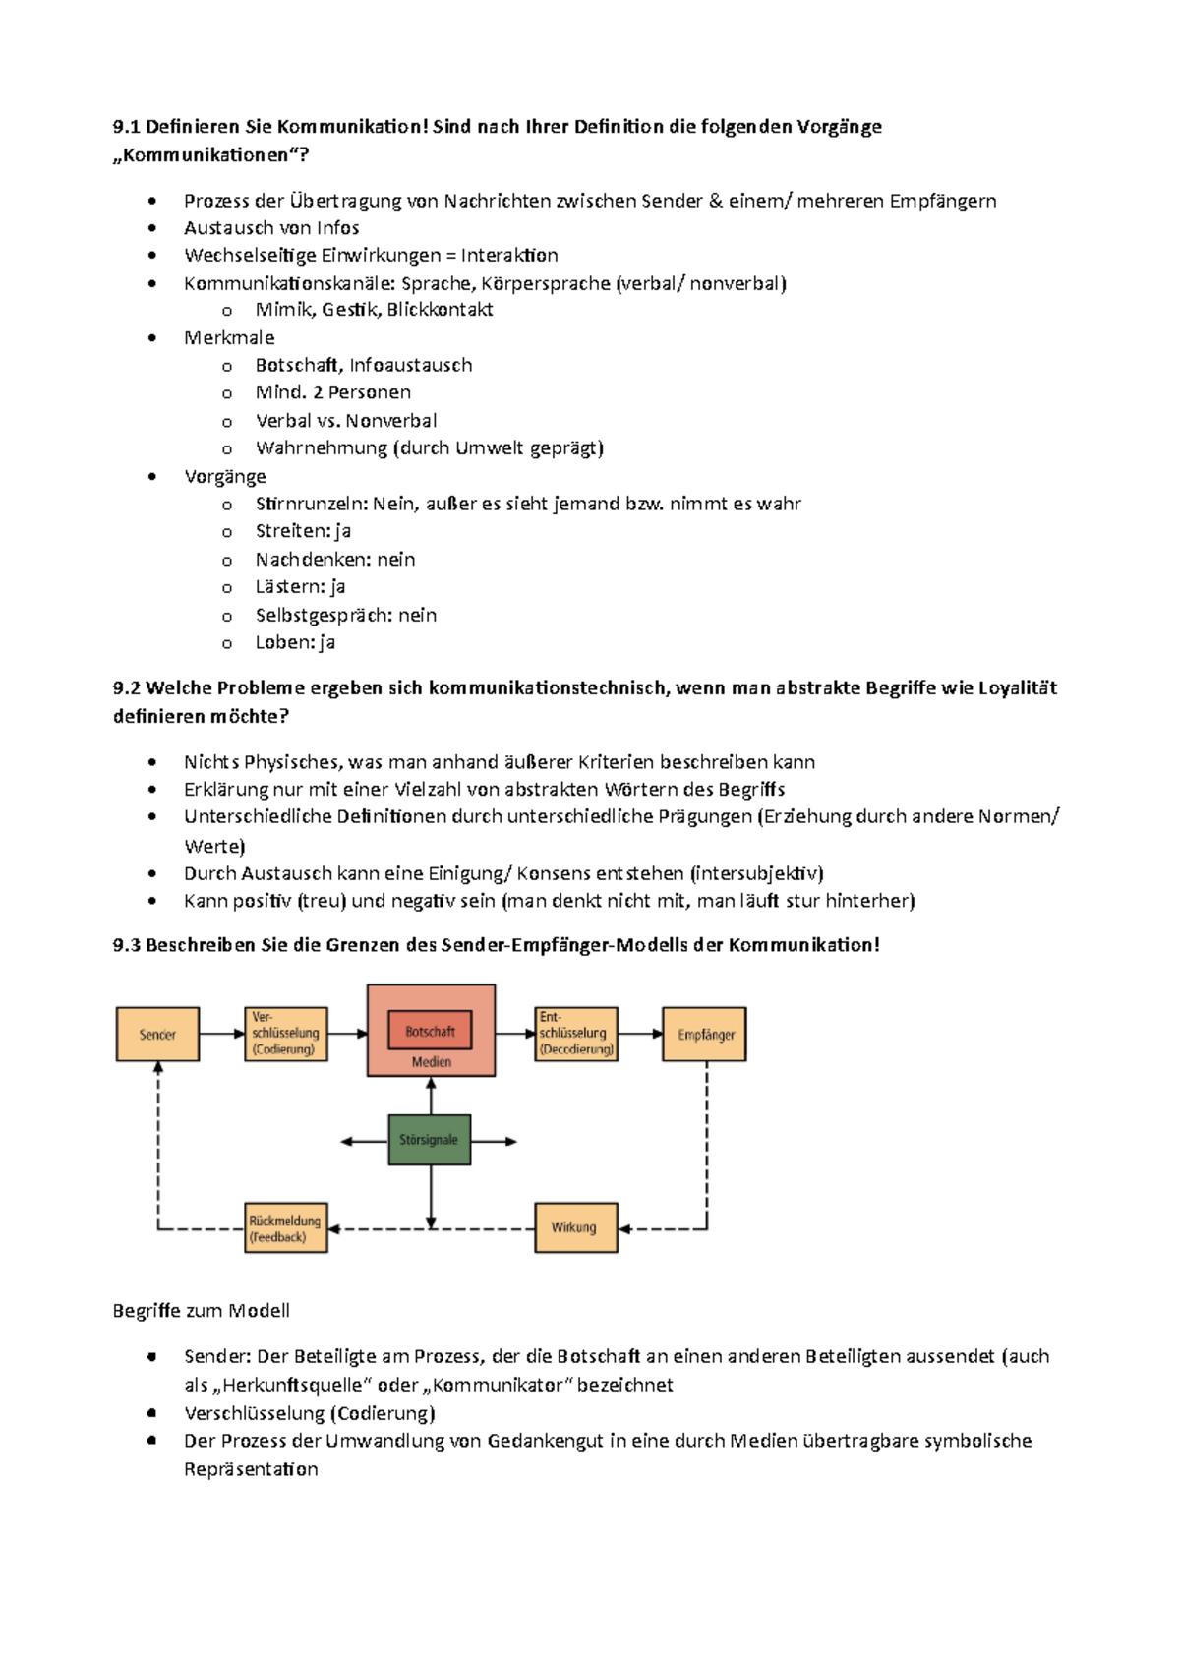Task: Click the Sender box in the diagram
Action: pos(157,1034)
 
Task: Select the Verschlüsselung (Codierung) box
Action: pos(285,1034)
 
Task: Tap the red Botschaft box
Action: pos(430,1031)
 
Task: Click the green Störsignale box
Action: pos(429,1140)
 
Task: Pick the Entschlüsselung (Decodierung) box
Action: pos(576,1034)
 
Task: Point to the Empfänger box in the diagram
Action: pos(705,1034)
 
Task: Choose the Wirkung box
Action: pos(575,1227)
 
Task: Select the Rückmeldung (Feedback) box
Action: pos(285,1227)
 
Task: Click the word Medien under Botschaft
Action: pos(431,1062)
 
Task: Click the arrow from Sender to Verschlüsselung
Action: pos(221,1034)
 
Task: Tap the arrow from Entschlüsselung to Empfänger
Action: pos(640,1034)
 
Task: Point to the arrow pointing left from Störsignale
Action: pos(364,1142)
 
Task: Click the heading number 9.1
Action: pos(127,127)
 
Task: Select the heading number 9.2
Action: pos(127,688)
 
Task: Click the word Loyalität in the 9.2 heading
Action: pos(1017,688)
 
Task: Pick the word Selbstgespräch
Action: pos(324,615)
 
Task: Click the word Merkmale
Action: pos(229,338)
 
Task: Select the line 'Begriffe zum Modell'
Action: pos(201,1311)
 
